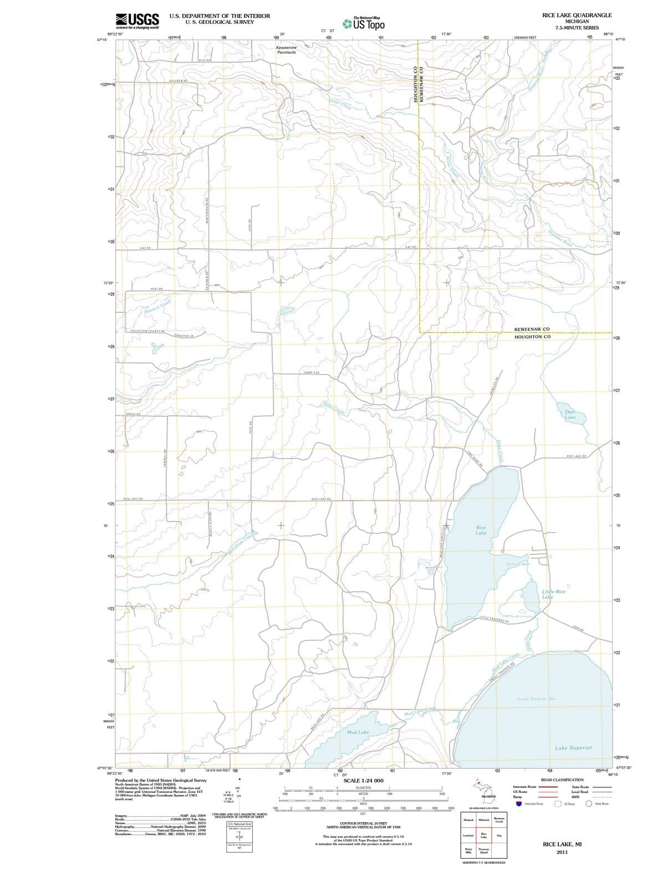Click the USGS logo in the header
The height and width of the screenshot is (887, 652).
137,21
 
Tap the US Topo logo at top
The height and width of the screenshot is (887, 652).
364,24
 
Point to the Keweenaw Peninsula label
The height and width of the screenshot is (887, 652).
287,50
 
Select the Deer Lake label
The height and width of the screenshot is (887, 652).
570,415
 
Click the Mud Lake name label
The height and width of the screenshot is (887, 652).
358,732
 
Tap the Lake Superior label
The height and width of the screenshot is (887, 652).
573,748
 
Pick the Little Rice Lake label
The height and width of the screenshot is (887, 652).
553,594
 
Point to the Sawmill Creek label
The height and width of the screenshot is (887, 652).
158,307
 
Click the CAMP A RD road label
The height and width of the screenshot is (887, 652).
312,373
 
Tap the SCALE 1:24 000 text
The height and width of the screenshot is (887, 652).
363,781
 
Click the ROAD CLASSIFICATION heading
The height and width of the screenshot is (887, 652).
562,780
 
